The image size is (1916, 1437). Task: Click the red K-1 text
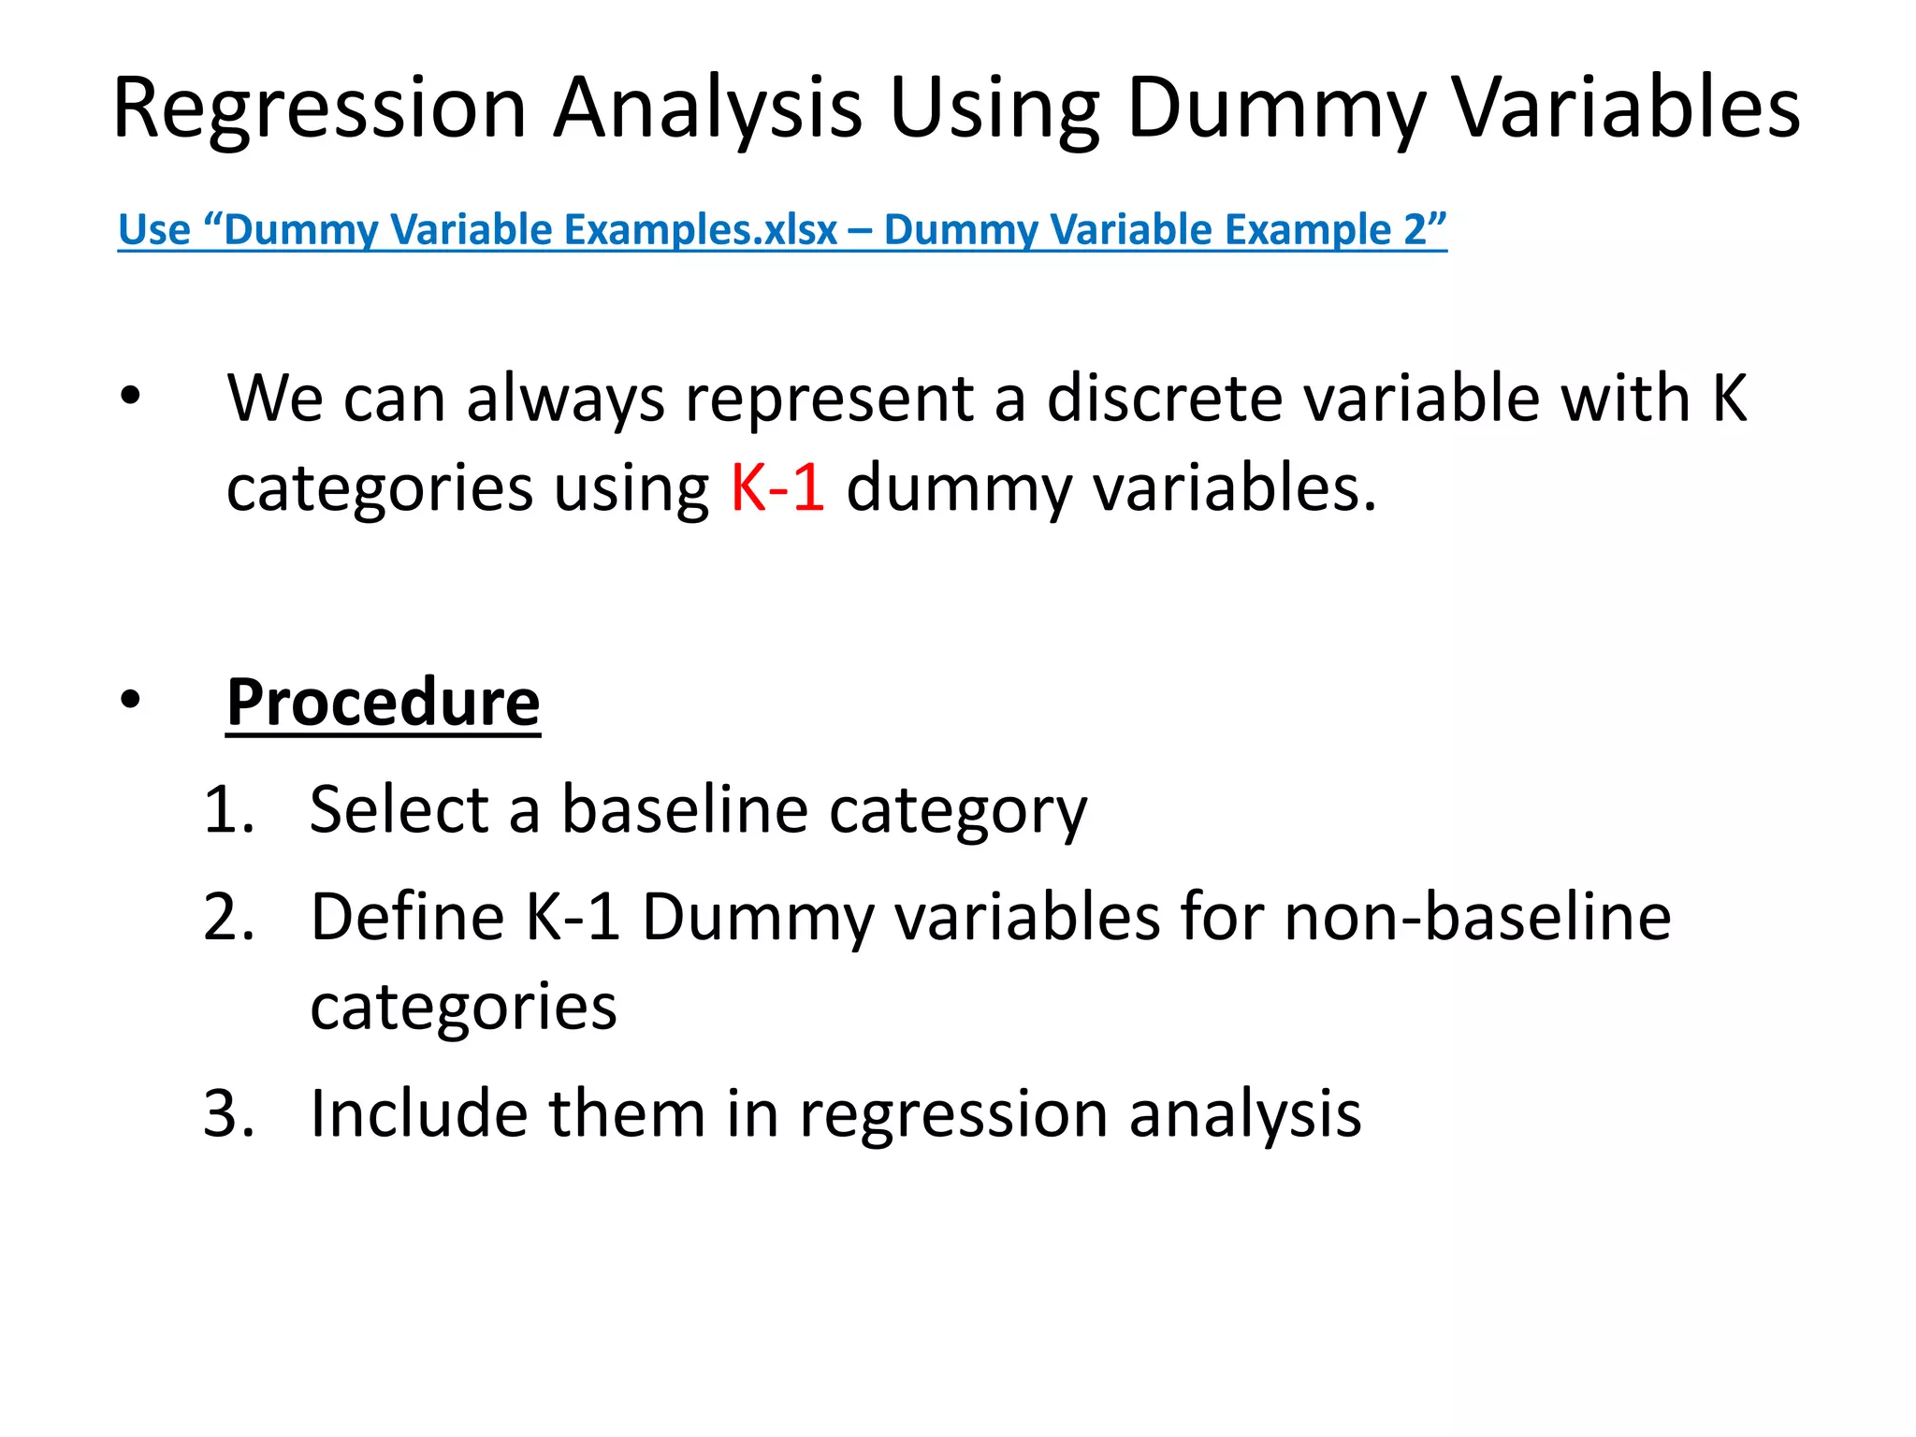coord(777,487)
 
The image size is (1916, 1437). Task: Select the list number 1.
coord(228,809)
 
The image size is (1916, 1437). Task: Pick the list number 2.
coord(228,917)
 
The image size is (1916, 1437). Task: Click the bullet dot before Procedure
coord(130,699)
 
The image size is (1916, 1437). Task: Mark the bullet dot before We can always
coord(130,397)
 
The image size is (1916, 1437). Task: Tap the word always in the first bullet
coord(565,399)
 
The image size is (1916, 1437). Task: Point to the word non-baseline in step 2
coord(1477,917)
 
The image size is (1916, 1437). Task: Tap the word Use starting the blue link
coord(154,229)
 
